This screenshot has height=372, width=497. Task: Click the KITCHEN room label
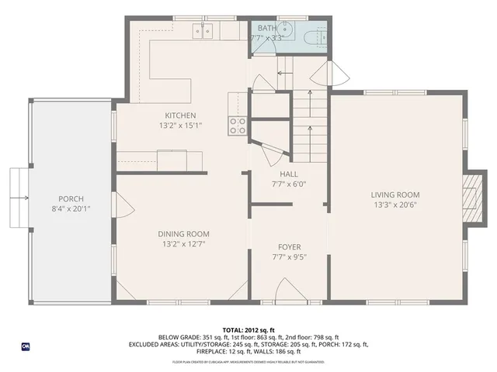(173, 115)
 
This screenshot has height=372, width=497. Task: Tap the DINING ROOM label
(183, 234)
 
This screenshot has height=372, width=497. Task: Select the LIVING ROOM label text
(394, 195)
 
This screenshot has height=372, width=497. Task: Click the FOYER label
(290, 246)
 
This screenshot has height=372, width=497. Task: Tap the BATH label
(266, 28)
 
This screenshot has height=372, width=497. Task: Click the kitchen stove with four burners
(237, 126)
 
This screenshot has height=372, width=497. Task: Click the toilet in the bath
(316, 36)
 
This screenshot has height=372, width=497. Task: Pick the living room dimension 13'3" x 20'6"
(394, 206)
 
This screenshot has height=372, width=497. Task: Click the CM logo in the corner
(26, 346)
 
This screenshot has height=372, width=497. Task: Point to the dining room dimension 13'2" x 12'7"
(183, 244)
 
